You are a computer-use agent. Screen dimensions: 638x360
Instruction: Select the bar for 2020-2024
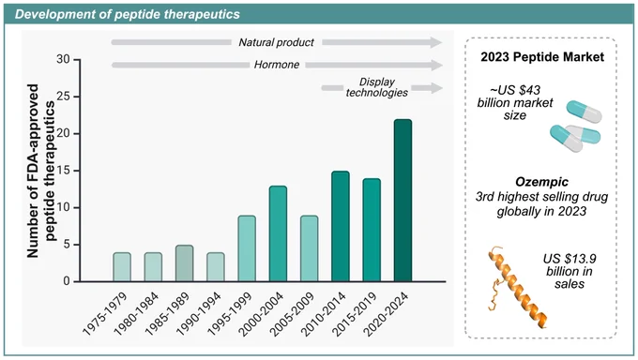403,200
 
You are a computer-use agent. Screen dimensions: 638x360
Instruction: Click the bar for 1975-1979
122,267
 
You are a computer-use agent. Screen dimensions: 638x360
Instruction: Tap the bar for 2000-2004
278,233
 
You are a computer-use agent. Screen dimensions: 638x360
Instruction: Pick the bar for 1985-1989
184,263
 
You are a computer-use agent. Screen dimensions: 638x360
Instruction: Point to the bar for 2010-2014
341,226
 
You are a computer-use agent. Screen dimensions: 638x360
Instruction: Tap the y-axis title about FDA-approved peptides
40,171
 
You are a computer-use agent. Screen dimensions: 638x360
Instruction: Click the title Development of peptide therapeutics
128,14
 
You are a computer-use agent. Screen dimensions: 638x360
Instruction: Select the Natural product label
276,42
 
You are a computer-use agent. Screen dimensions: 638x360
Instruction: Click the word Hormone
277,65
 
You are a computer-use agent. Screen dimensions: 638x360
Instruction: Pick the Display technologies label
377,87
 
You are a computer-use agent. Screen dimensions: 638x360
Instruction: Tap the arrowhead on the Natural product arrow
436,42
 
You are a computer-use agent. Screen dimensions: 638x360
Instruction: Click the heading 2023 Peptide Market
542,57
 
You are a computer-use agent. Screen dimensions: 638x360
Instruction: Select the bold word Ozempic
542,182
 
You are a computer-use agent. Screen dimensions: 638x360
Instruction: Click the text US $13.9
570,259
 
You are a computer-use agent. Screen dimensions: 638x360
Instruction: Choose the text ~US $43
515,90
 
